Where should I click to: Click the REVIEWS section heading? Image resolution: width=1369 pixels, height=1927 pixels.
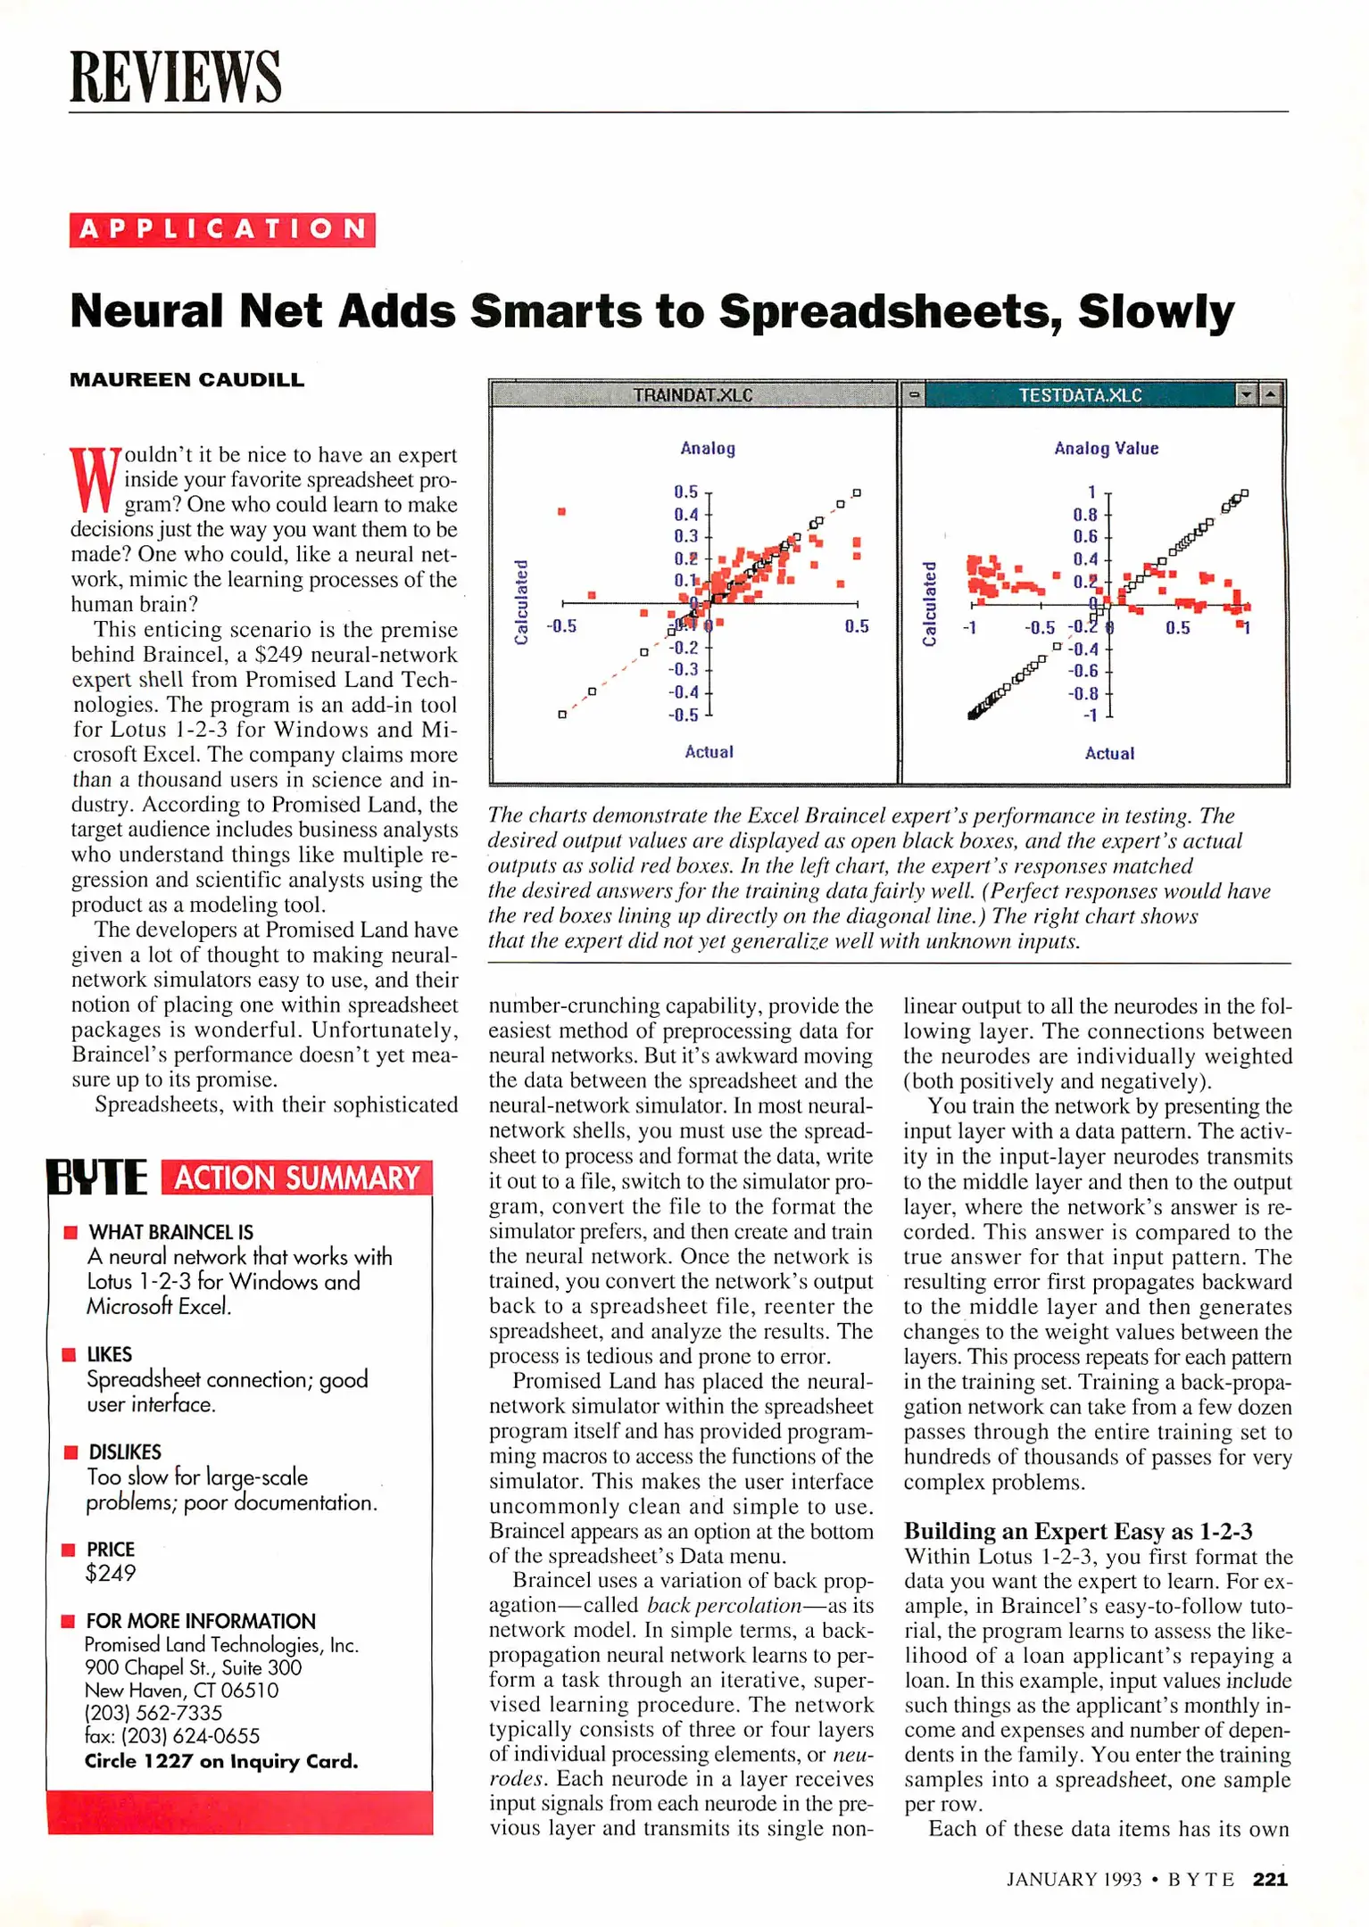click(x=175, y=77)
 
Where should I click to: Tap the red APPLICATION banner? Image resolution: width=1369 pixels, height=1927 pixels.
click(x=222, y=229)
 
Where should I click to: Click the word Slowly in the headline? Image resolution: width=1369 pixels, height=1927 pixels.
click(x=1155, y=312)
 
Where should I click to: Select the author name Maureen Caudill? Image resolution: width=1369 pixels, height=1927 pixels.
click(x=187, y=380)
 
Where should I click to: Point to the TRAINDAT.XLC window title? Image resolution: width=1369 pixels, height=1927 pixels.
click(x=693, y=395)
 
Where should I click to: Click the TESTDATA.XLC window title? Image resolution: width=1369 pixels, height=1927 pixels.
click(x=1080, y=395)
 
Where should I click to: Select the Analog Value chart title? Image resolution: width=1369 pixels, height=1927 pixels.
click(x=1106, y=449)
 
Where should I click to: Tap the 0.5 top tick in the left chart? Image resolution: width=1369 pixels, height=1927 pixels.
click(x=685, y=492)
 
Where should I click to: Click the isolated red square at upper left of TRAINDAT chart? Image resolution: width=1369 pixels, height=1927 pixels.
click(x=561, y=511)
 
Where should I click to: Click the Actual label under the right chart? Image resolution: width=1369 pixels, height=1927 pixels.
click(x=1109, y=754)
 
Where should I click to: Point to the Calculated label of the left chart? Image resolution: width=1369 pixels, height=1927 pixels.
click(x=521, y=602)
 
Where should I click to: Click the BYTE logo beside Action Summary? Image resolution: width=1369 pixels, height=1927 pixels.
click(x=96, y=1177)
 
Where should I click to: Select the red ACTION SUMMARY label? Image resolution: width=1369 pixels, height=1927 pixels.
click(x=296, y=1178)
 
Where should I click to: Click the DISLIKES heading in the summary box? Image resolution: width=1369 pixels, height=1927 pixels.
click(x=125, y=1452)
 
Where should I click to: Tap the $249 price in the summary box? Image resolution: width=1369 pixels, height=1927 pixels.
click(x=110, y=1574)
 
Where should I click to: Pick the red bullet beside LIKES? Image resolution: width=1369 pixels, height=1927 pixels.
click(x=69, y=1355)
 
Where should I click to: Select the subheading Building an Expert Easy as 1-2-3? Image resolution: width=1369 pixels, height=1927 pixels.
click(x=1078, y=1532)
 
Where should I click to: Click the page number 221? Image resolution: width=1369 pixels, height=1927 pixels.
click(x=1270, y=1880)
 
